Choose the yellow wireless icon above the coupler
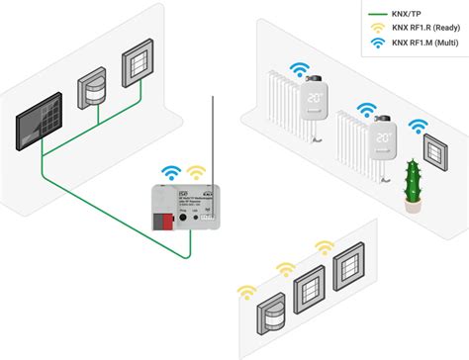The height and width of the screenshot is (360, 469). coord(196,173)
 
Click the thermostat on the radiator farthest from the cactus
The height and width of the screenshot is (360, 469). coord(315,100)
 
